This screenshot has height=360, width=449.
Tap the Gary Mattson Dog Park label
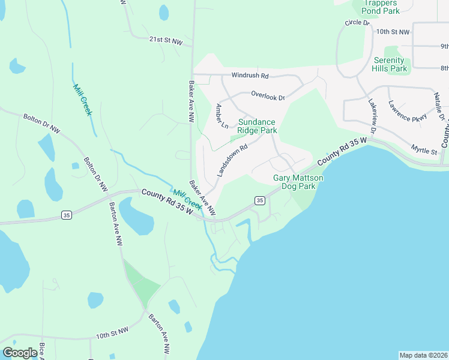(298, 182)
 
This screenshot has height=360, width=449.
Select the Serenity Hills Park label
(390, 65)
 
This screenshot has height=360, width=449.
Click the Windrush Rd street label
(250, 76)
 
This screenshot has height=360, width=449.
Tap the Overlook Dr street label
(267, 95)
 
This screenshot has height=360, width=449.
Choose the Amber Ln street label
(221, 116)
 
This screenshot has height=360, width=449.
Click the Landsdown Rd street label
(232, 160)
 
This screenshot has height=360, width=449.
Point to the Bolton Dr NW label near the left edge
(42, 122)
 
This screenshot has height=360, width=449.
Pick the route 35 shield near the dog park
(259, 200)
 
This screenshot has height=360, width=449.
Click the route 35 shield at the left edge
(66, 215)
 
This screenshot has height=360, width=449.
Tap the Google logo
(20, 353)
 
